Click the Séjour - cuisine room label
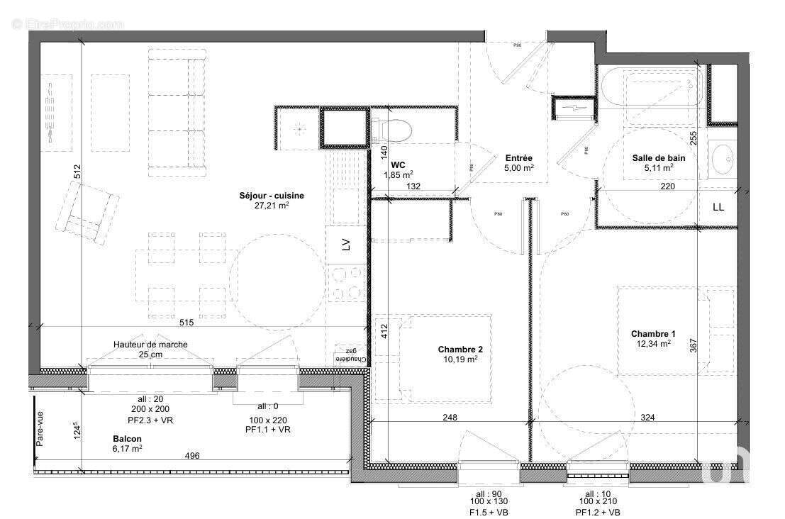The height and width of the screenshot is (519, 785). (263, 195)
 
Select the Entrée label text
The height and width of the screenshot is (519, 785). (518, 158)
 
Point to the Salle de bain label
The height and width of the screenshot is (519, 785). (658, 158)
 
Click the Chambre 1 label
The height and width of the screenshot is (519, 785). (653, 334)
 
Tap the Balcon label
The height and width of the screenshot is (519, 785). (127, 439)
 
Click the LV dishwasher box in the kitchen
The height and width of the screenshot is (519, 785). (346, 245)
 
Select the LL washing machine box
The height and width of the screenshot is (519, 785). (718, 207)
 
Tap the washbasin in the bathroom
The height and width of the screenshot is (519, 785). (723, 160)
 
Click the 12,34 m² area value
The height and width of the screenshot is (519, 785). (653, 344)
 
